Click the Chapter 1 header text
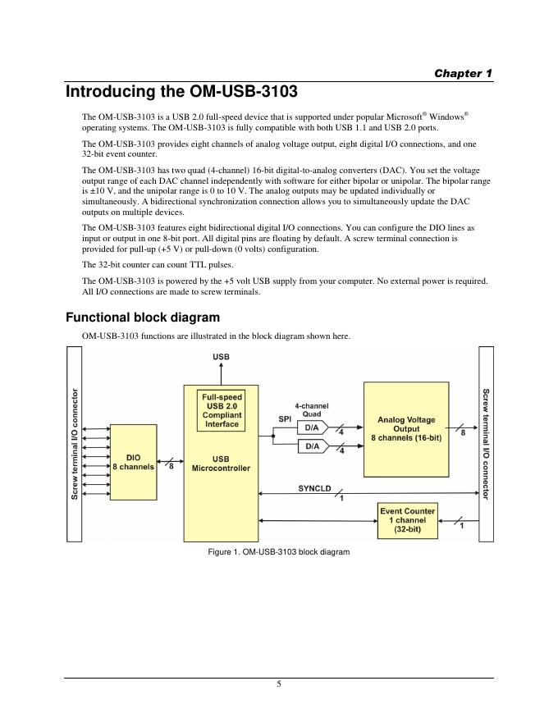click(x=463, y=73)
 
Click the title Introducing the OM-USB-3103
click(x=181, y=92)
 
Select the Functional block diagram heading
click(x=142, y=317)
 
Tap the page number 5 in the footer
click(x=279, y=685)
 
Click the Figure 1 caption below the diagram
click(x=279, y=552)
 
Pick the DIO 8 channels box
click(x=133, y=462)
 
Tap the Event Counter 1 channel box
click(x=407, y=521)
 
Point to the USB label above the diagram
click(x=222, y=358)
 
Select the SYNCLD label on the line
click(x=314, y=489)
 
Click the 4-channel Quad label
click(x=312, y=409)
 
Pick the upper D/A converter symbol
click(x=313, y=427)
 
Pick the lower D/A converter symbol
click(x=313, y=446)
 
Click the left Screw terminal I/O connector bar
click(x=75, y=444)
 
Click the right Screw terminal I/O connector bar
click(x=486, y=444)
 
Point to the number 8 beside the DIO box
click(x=171, y=468)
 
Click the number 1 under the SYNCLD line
click(x=341, y=498)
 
